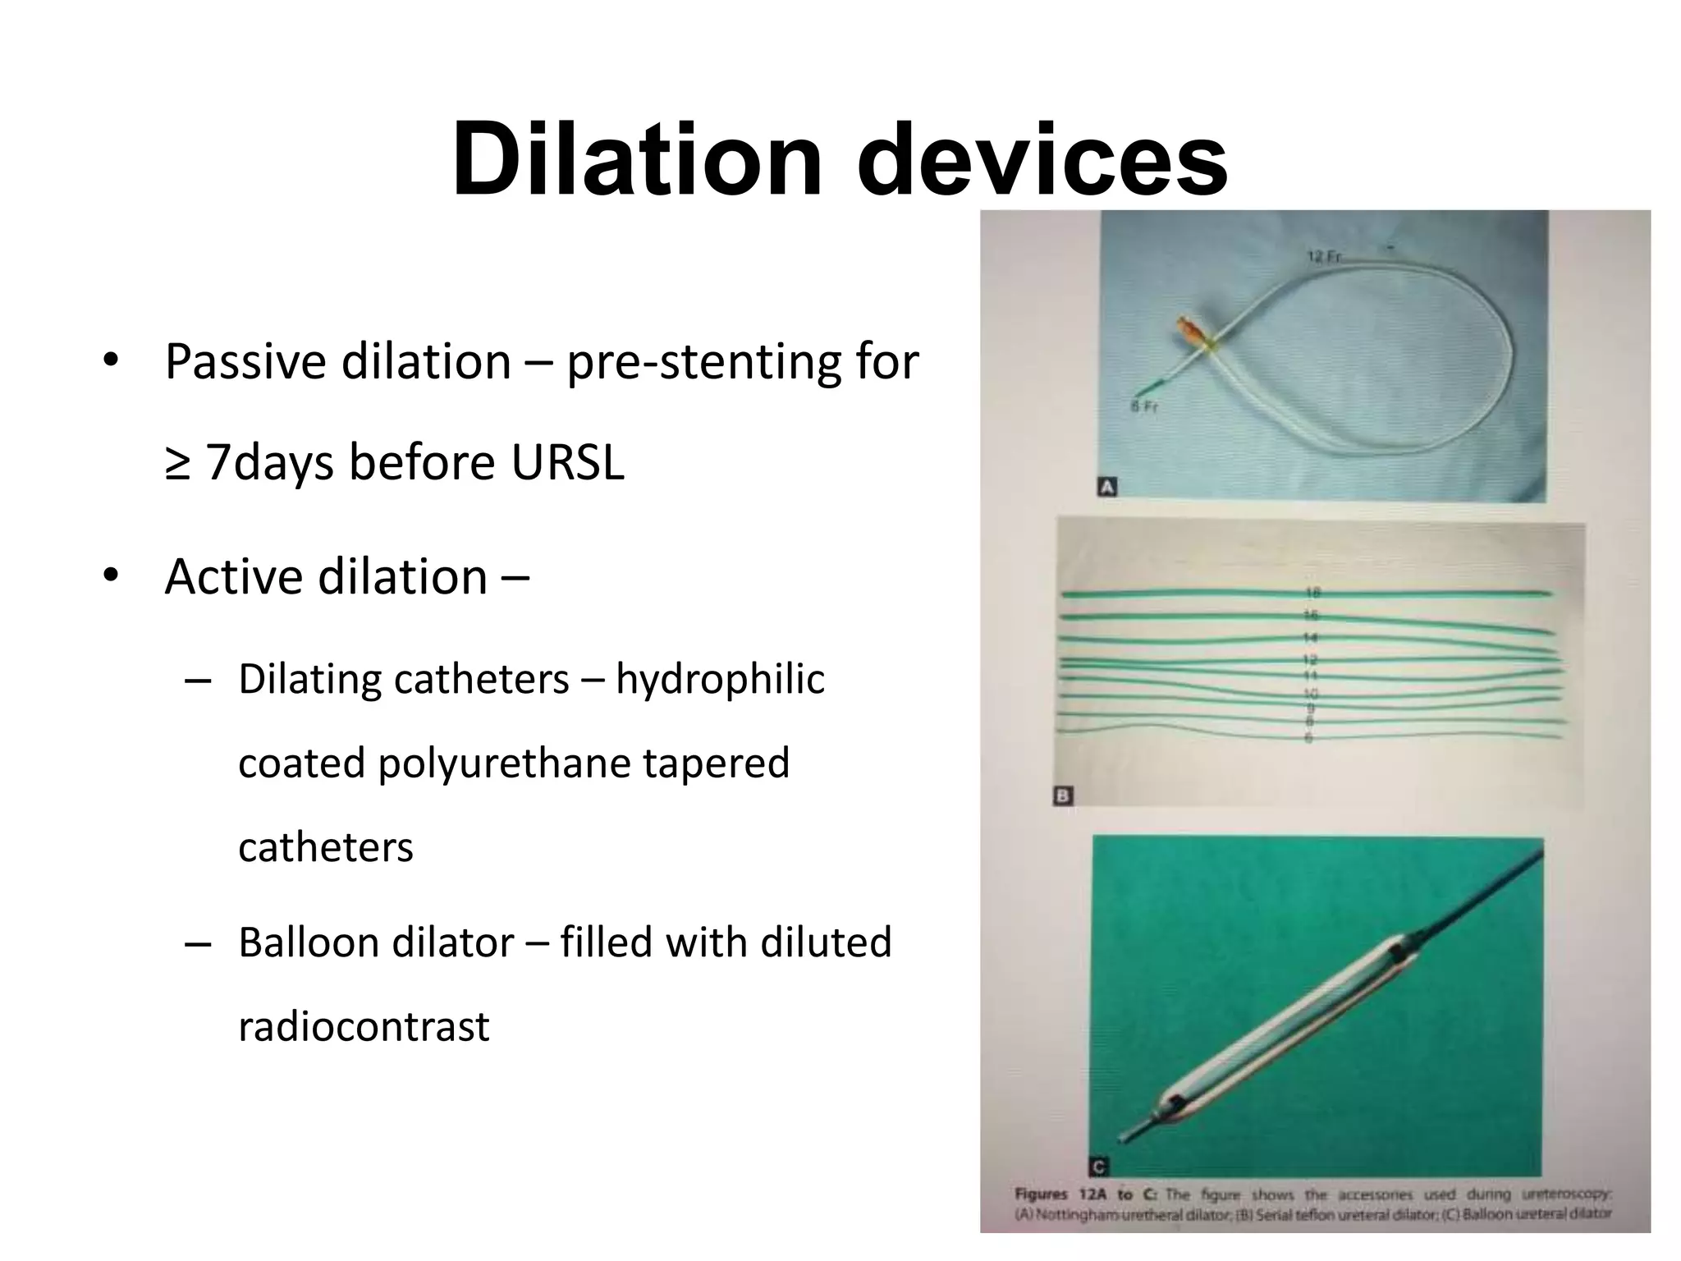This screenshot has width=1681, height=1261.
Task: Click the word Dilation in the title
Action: pyautogui.click(x=637, y=159)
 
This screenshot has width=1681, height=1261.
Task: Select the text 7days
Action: pyautogui.click(x=269, y=462)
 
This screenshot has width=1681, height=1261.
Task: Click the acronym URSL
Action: pyautogui.click(x=567, y=462)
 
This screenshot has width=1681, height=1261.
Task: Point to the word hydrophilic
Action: pyautogui.click(x=720, y=679)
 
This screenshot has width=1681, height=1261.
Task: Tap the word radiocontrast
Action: pyautogui.click(x=364, y=1026)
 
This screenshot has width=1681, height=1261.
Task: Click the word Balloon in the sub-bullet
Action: pyautogui.click(x=308, y=942)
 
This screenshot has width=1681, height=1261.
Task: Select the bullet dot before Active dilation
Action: pyautogui.click(x=112, y=576)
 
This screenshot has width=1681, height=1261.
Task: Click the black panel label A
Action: pyautogui.click(x=1106, y=488)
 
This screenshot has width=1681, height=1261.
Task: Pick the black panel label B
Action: pyautogui.click(x=1062, y=796)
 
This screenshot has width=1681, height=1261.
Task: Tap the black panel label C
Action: pyautogui.click(x=1098, y=1167)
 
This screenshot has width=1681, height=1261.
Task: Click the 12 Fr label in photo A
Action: pyautogui.click(x=1323, y=257)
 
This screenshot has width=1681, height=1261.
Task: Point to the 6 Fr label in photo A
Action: pyautogui.click(x=1144, y=406)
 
